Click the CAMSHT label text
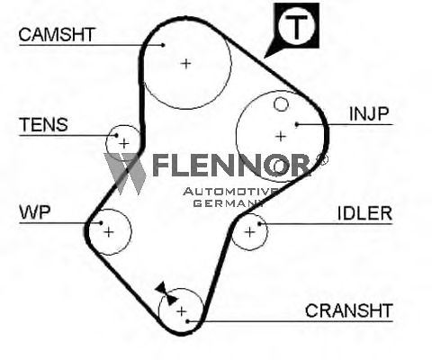(57, 34)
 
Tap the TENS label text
(43, 125)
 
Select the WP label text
(35, 212)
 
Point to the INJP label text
(369, 113)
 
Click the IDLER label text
(364, 213)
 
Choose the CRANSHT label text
(349, 310)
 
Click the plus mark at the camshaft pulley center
(186, 64)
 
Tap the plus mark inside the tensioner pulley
(124, 144)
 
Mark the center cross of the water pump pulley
(109, 232)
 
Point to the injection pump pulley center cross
(281, 137)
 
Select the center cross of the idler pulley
(249, 232)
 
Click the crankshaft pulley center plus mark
(182, 311)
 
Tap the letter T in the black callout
(296, 27)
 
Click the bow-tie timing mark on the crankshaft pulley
(166, 294)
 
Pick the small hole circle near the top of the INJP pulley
(281, 104)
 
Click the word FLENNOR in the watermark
(231, 165)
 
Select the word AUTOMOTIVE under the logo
(230, 192)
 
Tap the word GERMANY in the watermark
(228, 203)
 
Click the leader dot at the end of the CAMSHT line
(163, 45)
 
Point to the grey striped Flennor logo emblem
(124, 174)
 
